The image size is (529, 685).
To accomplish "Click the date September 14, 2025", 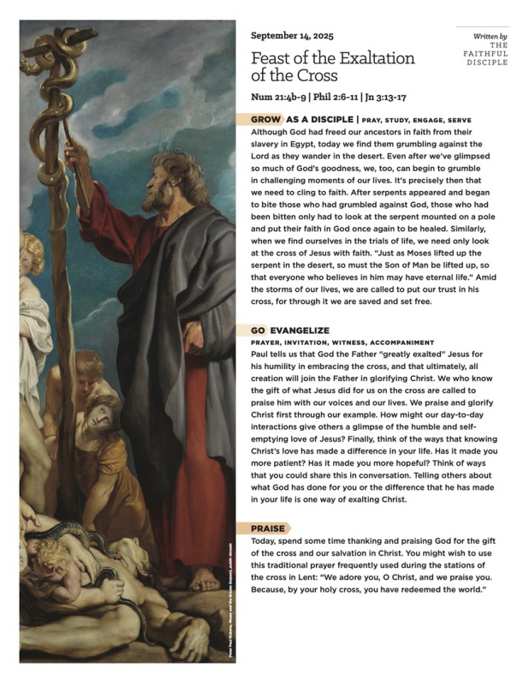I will [292, 36].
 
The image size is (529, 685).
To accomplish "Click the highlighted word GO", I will [258, 329].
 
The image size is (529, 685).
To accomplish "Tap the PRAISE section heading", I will [268, 528].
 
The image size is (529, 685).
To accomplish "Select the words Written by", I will [490, 37].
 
